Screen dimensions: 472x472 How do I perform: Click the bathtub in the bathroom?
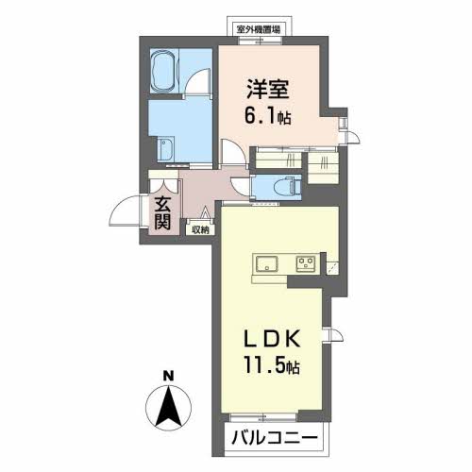coord(169,69)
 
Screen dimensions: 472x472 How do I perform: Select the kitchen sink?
coord(264,263)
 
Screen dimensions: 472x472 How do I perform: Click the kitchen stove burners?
coord(307,263)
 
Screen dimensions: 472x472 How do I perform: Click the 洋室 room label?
coord(267,90)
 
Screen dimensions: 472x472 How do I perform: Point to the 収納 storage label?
coord(200,228)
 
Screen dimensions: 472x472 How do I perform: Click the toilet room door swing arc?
coord(245,186)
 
